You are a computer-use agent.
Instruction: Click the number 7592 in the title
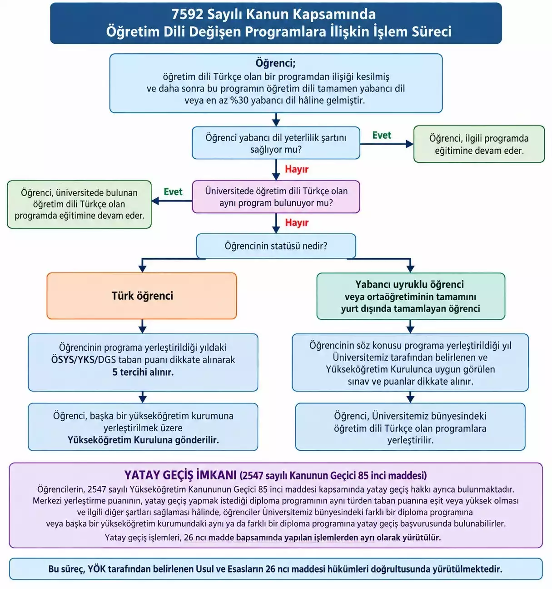pos(187,14)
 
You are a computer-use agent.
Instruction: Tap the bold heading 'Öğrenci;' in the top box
pos(276,63)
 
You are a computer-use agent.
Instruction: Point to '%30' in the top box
pos(239,100)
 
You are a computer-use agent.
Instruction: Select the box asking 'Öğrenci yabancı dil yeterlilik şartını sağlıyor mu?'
pos(276,143)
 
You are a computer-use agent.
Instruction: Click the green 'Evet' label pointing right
pos(382,135)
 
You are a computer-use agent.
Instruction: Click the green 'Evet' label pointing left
pos(173,192)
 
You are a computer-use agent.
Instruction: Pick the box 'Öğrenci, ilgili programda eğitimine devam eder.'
pos(479,144)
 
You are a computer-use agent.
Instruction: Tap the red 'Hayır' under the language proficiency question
pos(297,169)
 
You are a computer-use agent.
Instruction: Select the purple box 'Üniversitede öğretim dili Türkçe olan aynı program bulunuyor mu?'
pos(276,197)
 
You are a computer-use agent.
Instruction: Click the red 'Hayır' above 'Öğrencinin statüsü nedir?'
pos(297,223)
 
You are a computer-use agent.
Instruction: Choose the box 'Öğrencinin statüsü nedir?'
pos(276,246)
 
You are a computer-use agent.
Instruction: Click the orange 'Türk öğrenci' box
pos(142,296)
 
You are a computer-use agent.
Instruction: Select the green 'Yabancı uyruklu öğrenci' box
pos(411,296)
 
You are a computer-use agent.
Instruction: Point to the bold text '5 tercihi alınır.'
pos(143,372)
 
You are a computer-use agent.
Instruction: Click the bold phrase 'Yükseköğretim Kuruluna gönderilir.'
pos(143,440)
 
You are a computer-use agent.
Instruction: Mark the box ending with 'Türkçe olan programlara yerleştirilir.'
pos(410,427)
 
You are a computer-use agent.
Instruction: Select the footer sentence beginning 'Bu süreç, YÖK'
pos(275,569)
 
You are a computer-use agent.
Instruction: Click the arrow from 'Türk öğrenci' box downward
pos(142,327)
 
